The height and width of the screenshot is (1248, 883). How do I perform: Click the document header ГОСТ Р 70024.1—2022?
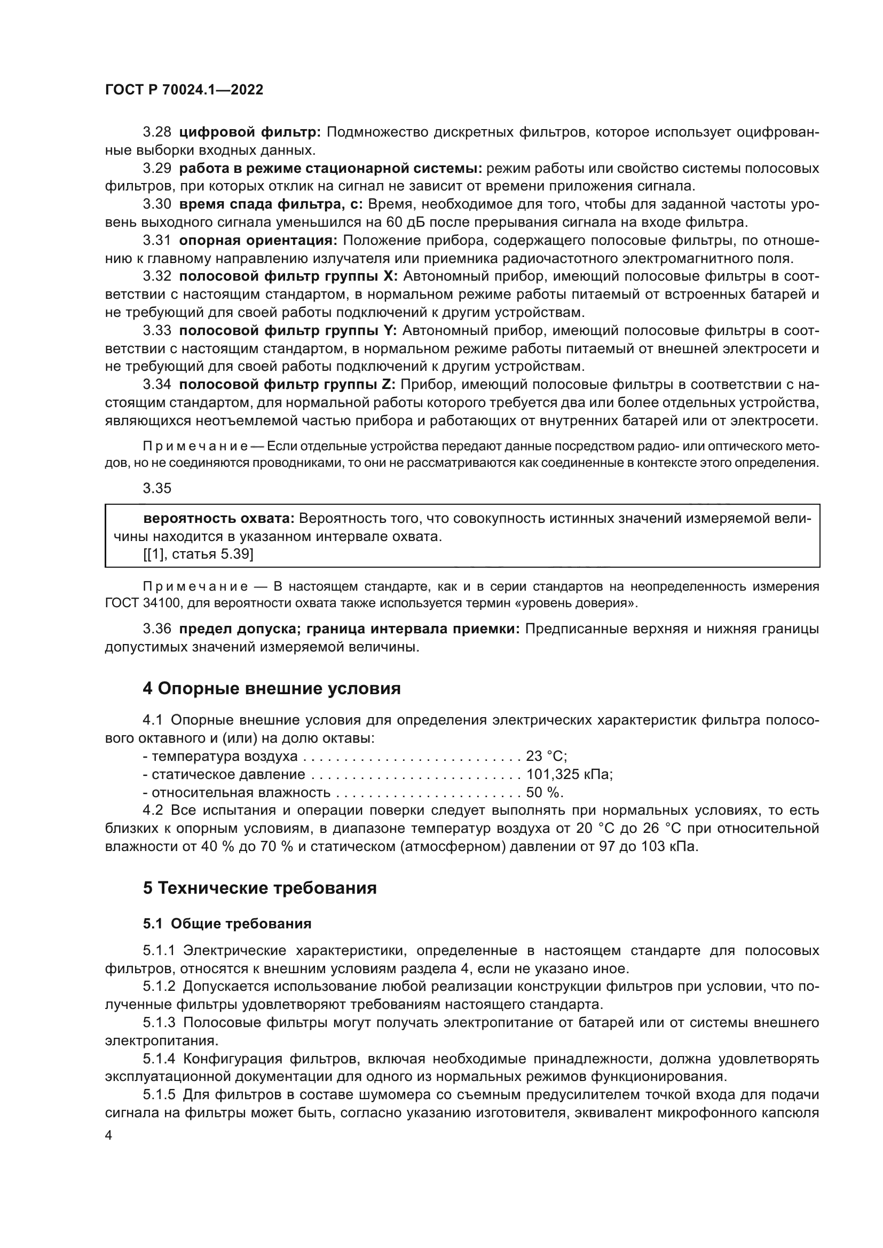(x=184, y=90)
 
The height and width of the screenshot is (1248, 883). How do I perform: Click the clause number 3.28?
(x=157, y=132)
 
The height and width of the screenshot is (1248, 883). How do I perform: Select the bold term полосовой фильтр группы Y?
(x=288, y=330)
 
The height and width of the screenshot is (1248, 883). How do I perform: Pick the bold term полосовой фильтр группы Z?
(x=288, y=385)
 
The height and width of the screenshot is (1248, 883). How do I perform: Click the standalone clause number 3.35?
(x=157, y=488)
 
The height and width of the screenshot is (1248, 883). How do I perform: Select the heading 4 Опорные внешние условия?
(x=271, y=689)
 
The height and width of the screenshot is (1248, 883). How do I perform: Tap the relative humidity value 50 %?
(x=544, y=792)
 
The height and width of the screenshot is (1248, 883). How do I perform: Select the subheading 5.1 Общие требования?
(x=227, y=924)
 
